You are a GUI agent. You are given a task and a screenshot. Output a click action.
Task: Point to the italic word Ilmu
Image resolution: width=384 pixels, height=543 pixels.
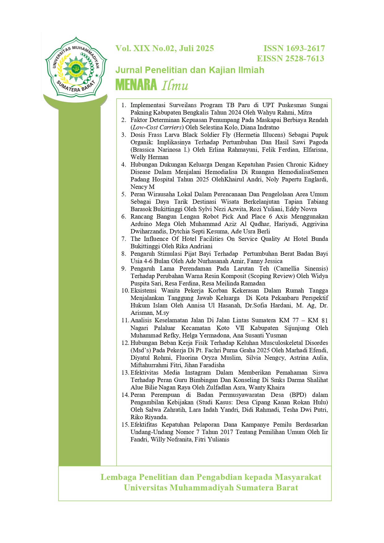[175, 85]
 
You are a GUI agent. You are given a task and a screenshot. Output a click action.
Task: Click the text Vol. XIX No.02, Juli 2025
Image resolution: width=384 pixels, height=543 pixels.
[165, 48]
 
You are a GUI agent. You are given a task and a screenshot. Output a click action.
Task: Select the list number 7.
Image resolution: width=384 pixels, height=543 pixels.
[124, 239]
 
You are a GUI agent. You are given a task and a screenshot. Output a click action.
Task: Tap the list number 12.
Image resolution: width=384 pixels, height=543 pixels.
[125, 343]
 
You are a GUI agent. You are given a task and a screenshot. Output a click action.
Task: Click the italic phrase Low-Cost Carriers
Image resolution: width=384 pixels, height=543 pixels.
[157, 127]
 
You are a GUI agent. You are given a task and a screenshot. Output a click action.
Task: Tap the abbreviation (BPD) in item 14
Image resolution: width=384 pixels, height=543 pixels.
[298, 395]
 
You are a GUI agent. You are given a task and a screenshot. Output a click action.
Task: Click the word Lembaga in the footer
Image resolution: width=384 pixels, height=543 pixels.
[119, 477]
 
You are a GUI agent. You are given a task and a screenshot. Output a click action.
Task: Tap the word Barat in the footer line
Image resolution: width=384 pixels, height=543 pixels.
[288, 488]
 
